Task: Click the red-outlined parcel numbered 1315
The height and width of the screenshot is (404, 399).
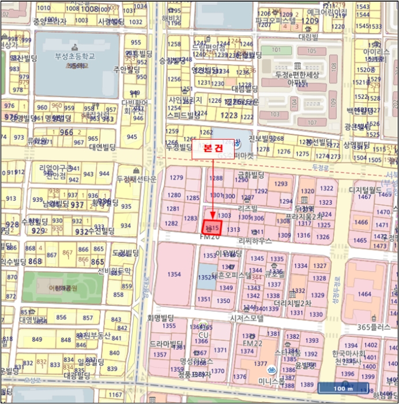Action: click(x=212, y=227)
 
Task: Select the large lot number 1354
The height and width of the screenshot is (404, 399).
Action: click(x=174, y=274)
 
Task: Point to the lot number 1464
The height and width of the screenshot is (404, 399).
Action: click(x=364, y=294)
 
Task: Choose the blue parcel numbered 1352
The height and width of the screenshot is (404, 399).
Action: click(x=205, y=277)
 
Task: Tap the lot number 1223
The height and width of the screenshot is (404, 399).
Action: click(x=229, y=115)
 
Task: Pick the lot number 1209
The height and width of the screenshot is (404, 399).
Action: click(x=309, y=21)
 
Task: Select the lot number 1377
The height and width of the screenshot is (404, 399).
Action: click(x=260, y=364)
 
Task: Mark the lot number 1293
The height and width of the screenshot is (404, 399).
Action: click(x=281, y=184)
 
